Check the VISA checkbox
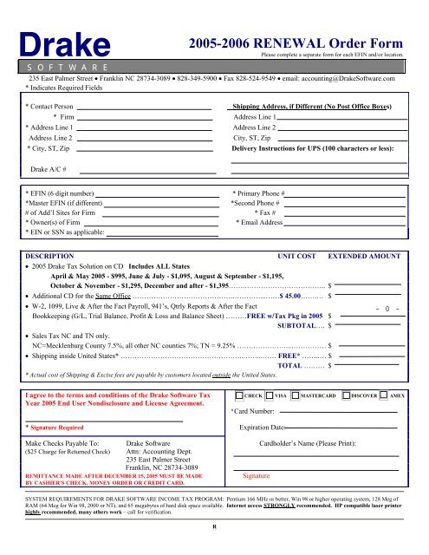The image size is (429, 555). (x=270, y=395)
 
